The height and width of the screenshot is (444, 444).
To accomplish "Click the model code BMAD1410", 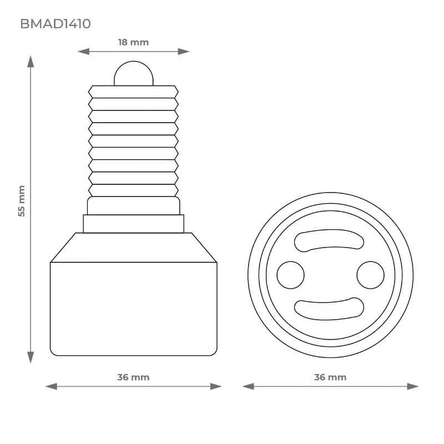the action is [x=56, y=24].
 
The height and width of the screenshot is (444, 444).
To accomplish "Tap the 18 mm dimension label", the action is [x=133, y=42].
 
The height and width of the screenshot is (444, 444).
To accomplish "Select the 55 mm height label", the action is [x=22, y=201].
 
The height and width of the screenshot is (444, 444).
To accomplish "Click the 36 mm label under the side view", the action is [x=133, y=377].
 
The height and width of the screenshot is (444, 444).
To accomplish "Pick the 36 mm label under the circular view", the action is [x=330, y=377].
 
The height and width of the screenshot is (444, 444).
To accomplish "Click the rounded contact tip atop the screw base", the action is [x=134, y=73].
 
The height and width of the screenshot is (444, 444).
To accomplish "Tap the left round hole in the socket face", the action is [x=290, y=275].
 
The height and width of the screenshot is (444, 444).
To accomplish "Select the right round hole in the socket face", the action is [x=370, y=275].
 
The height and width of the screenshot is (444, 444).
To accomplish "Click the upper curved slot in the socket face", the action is [x=329, y=240].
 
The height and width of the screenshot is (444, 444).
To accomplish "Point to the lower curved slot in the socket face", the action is [x=329, y=309].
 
